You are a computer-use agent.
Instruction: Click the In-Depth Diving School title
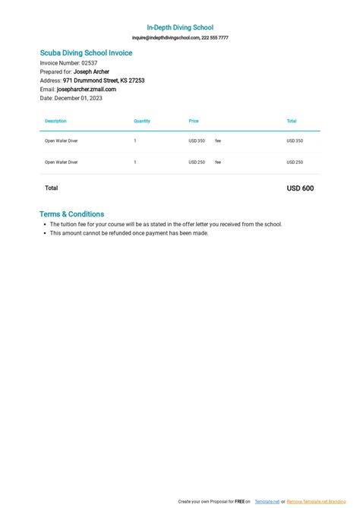point(180,27)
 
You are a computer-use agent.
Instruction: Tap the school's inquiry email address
point(166,37)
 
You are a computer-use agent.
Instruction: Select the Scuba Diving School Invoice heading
point(86,53)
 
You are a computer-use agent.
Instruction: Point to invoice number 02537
point(90,63)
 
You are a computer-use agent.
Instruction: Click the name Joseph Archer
point(91,72)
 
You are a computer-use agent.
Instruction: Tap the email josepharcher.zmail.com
point(87,90)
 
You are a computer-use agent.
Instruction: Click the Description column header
point(55,121)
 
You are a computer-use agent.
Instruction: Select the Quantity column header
point(142,121)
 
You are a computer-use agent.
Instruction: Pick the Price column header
point(194,121)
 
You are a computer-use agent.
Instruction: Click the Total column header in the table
point(292,121)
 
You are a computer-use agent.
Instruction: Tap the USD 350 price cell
point(197,141)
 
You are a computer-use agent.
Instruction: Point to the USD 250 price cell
point(197,162)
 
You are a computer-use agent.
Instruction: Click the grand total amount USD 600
point(299,188)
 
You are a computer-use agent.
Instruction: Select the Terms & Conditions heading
point(71,214)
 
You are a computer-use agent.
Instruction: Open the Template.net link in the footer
point(267,502)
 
